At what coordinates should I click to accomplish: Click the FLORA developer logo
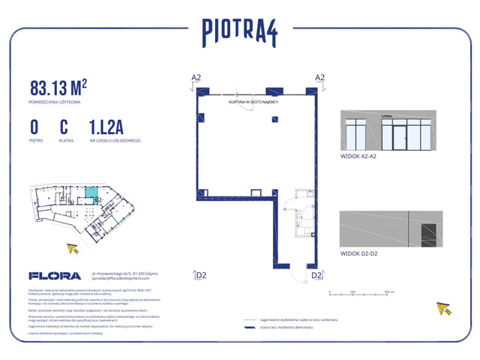point(50,275)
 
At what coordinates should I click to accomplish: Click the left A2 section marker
point(196,78)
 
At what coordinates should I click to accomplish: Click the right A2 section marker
point(319,78)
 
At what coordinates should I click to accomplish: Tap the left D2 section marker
point(200,275)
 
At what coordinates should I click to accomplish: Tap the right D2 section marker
point(316,275)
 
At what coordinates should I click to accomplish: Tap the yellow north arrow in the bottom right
point(445,308)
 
